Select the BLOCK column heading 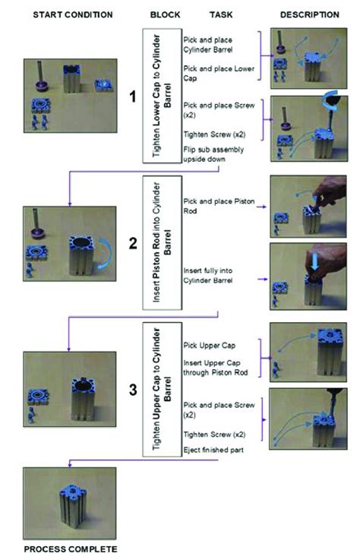click(x=165, y=14)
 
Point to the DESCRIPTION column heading click(x=309, y=14)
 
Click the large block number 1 click(x=132, y=96)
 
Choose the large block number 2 click(x=132, y=244)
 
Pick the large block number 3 click(x=132, y=390)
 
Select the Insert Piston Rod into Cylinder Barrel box click(x=161, y=244)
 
